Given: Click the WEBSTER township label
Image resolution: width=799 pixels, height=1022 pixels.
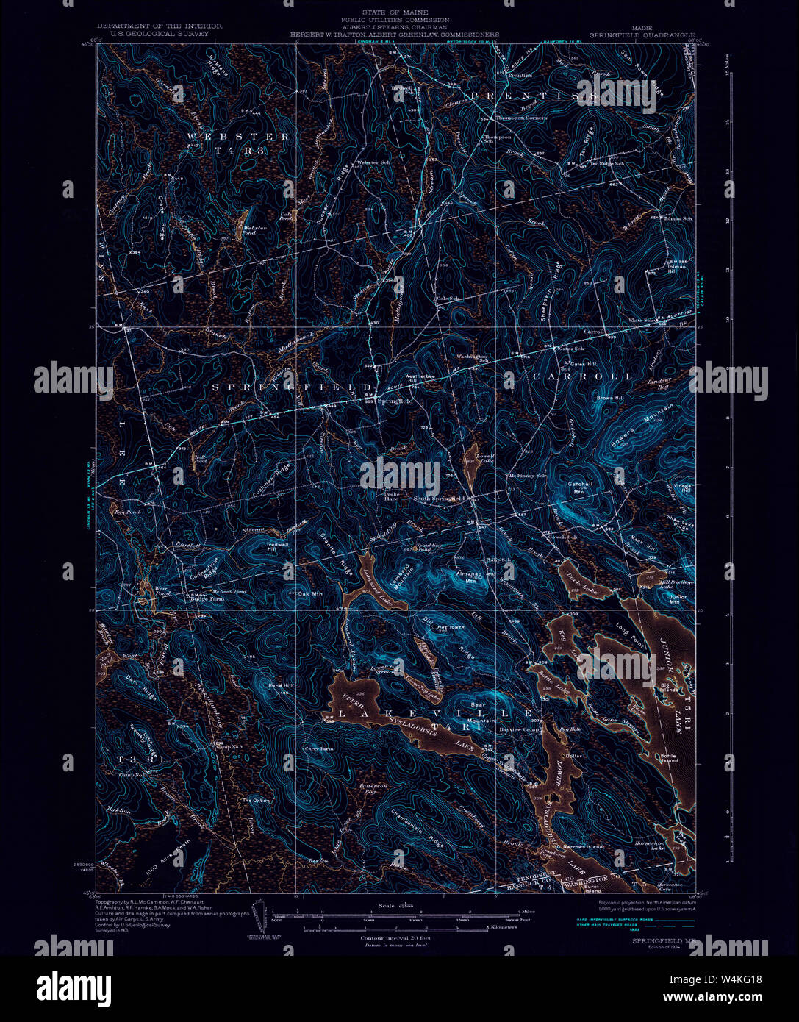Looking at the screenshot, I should tap(238, 137).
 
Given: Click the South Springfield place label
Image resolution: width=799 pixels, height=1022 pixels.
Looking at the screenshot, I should tap(439, 499).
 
